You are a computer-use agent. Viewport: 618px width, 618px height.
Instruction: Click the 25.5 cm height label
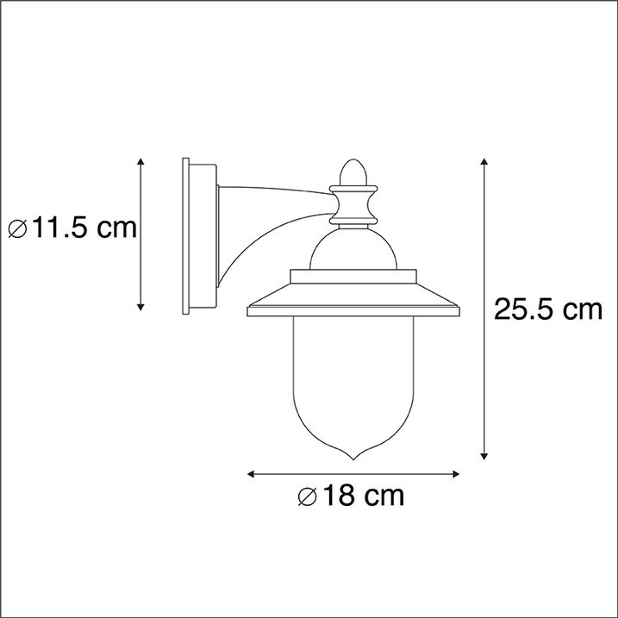pyautogui.click(x=547, y=309)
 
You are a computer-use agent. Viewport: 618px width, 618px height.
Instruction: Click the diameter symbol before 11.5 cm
pyautogui.click(x=17, y=229)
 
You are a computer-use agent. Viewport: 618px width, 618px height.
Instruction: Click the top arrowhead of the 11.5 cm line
pyautogui.click(x=141, y=162)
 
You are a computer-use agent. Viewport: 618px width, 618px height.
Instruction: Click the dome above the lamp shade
pyautogui.click(x=353, y=250)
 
